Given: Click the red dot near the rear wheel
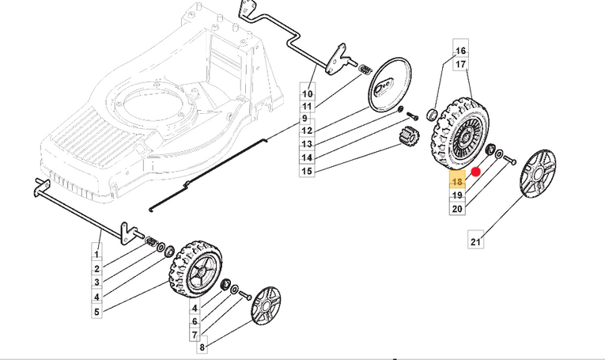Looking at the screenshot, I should coord(476,171).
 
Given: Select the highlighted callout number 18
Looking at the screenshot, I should coord(457,182).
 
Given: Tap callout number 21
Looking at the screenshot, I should coord(475,241).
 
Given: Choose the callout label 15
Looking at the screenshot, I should coord(308,172).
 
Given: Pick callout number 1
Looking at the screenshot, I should coord(96,255).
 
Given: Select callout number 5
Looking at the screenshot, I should coord(96,312).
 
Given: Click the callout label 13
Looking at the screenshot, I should coord(308,145).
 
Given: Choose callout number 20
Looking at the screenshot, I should coord(457,209).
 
